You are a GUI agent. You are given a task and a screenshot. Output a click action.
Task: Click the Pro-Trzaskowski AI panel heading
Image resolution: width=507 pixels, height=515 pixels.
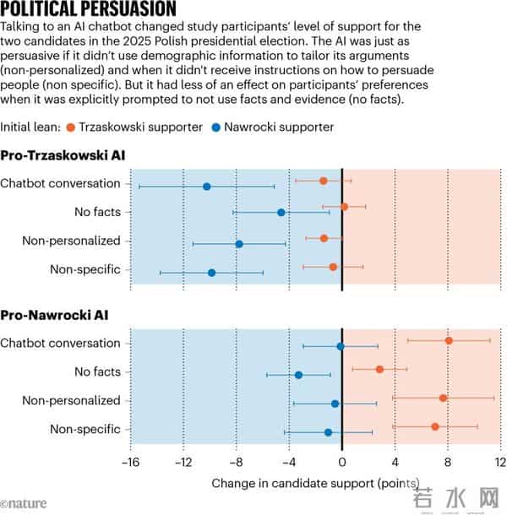click(x=63, y=156)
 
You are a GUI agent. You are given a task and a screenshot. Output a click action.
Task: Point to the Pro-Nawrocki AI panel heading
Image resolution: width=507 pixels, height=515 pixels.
click(x=54, y=316)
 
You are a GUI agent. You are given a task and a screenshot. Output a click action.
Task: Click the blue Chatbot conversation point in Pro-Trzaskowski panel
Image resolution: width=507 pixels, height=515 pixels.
click(x=207, y=186)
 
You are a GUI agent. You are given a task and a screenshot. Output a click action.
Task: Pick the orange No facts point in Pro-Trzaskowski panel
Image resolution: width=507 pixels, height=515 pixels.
click(x=344, y=207)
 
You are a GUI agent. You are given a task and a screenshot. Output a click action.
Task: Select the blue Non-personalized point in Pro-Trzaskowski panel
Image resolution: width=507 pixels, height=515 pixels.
click(x=239, y=244)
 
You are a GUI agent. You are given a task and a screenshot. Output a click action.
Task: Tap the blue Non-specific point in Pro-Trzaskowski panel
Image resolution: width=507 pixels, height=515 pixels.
click(x=211, y=273)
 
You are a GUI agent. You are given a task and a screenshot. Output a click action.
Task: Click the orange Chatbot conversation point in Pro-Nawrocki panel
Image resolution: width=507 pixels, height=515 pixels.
click(x=449, y=340)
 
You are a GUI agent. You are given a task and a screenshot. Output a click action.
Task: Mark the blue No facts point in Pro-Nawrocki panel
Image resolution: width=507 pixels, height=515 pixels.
click(x=298, y=375)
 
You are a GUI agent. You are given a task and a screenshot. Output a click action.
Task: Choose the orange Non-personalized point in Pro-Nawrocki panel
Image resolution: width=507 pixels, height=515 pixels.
click(x=443, y=398)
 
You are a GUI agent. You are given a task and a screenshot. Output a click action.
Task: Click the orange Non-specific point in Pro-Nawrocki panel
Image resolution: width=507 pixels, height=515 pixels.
click(x=435, y=426)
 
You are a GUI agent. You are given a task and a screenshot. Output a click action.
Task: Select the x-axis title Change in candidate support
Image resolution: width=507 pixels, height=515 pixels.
click(x=314, y=484)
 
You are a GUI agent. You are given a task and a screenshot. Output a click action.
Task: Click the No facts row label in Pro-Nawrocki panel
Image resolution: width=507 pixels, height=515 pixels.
click(x=97, y=371)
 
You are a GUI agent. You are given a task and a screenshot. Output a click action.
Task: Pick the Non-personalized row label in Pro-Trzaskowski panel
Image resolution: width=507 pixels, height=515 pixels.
click(x=72, y=241)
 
